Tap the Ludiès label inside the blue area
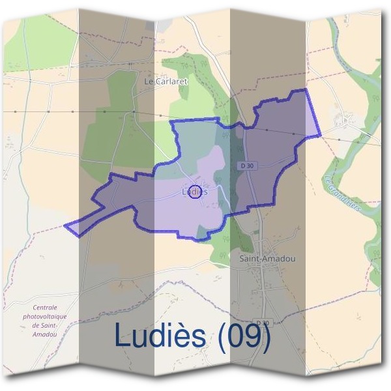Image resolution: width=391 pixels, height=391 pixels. [194, 191]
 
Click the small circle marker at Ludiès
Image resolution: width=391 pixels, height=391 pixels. [194, 194]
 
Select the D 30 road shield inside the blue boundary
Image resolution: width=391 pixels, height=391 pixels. [246, 166]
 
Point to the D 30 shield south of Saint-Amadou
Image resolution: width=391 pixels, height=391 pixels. [263, 323]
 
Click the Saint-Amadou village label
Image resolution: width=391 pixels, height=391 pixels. [267, 259]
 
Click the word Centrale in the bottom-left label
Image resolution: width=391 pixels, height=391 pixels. [45, 307]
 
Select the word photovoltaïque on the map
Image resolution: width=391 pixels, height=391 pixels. [45, 316]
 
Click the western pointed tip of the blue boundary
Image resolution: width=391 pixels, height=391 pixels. [65, 226]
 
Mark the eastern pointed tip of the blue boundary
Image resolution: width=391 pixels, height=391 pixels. [320, 136]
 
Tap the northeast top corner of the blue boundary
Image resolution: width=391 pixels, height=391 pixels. [304, 90]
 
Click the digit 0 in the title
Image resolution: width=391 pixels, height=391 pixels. [236, 336]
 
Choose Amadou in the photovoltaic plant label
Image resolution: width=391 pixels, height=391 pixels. [45, 334]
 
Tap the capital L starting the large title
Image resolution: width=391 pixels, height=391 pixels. [122, 336]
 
